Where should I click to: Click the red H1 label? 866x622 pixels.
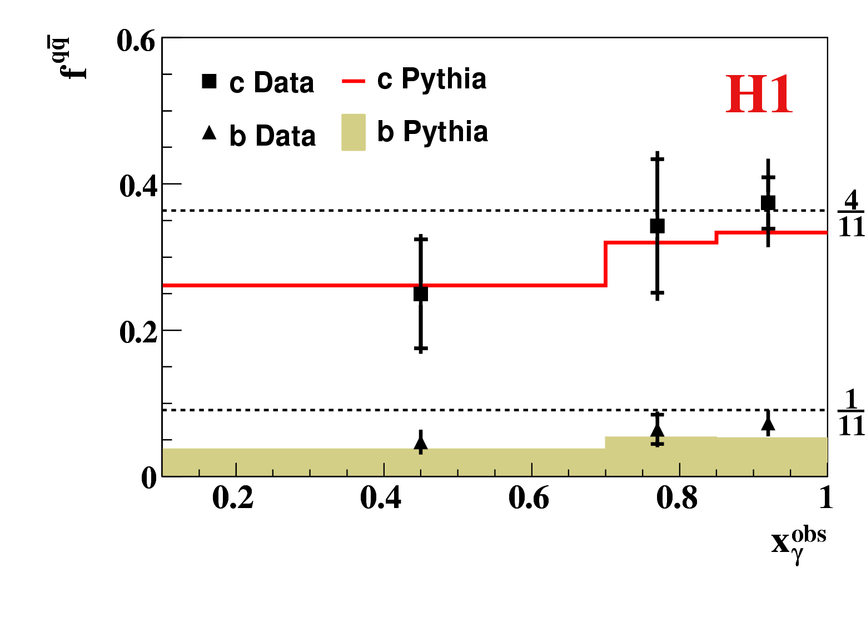click(x=759, y=96)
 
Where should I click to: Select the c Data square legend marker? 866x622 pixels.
click(x=209, y=81)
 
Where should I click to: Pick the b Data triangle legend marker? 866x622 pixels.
click(x=209, y=133)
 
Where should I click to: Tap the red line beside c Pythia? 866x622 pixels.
click(x=354, y=81)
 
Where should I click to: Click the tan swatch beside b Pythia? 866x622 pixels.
click(x=354, y=132)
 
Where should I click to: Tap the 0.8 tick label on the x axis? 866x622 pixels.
click(x=676, y=498)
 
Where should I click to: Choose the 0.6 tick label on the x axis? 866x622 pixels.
click(x=529, y=498)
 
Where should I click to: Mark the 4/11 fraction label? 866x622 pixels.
click(x=851, y=214)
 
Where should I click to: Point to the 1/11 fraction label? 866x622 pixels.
click(x=851, y=413)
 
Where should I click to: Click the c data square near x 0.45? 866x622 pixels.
click(x=421, y=294)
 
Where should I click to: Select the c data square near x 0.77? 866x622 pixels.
click(x=657, y=226)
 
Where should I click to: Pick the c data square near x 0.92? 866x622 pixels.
click(x=768, y=202)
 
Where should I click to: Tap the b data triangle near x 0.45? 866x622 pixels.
click(x=421, y=443)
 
